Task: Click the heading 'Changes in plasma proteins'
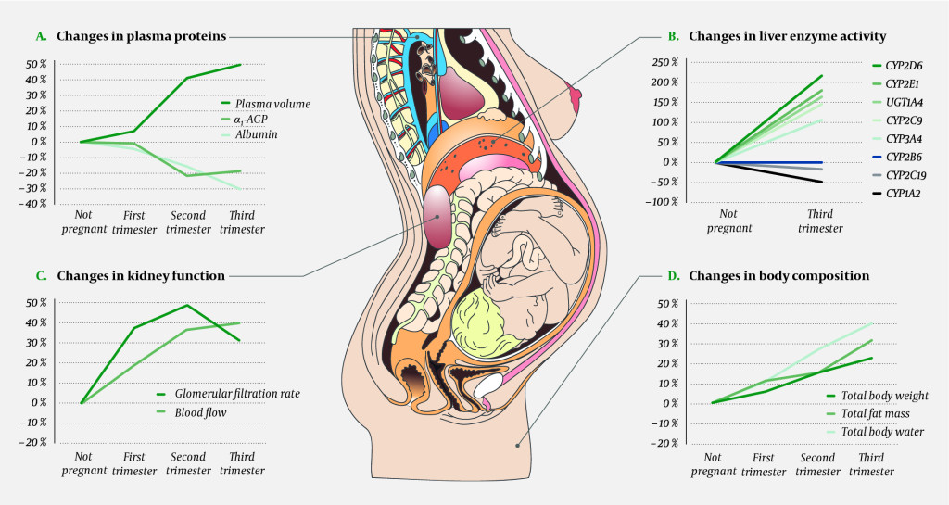click(x=141, y=36)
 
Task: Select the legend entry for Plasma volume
click(x=272, y=104)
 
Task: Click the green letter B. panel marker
click(x=674, y=36)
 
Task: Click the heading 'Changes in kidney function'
click(x=140, y=275)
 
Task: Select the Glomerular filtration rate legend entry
click(x=237, y=394)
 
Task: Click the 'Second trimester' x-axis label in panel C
click(x=187, y=463)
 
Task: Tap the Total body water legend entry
click(x=882, y=431)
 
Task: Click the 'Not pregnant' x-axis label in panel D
click(x=713, y=464)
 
